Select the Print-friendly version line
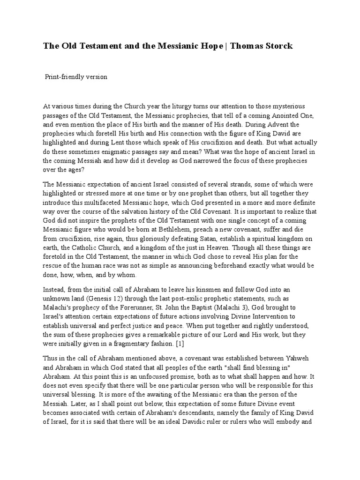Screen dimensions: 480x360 (x=76, y=77)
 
